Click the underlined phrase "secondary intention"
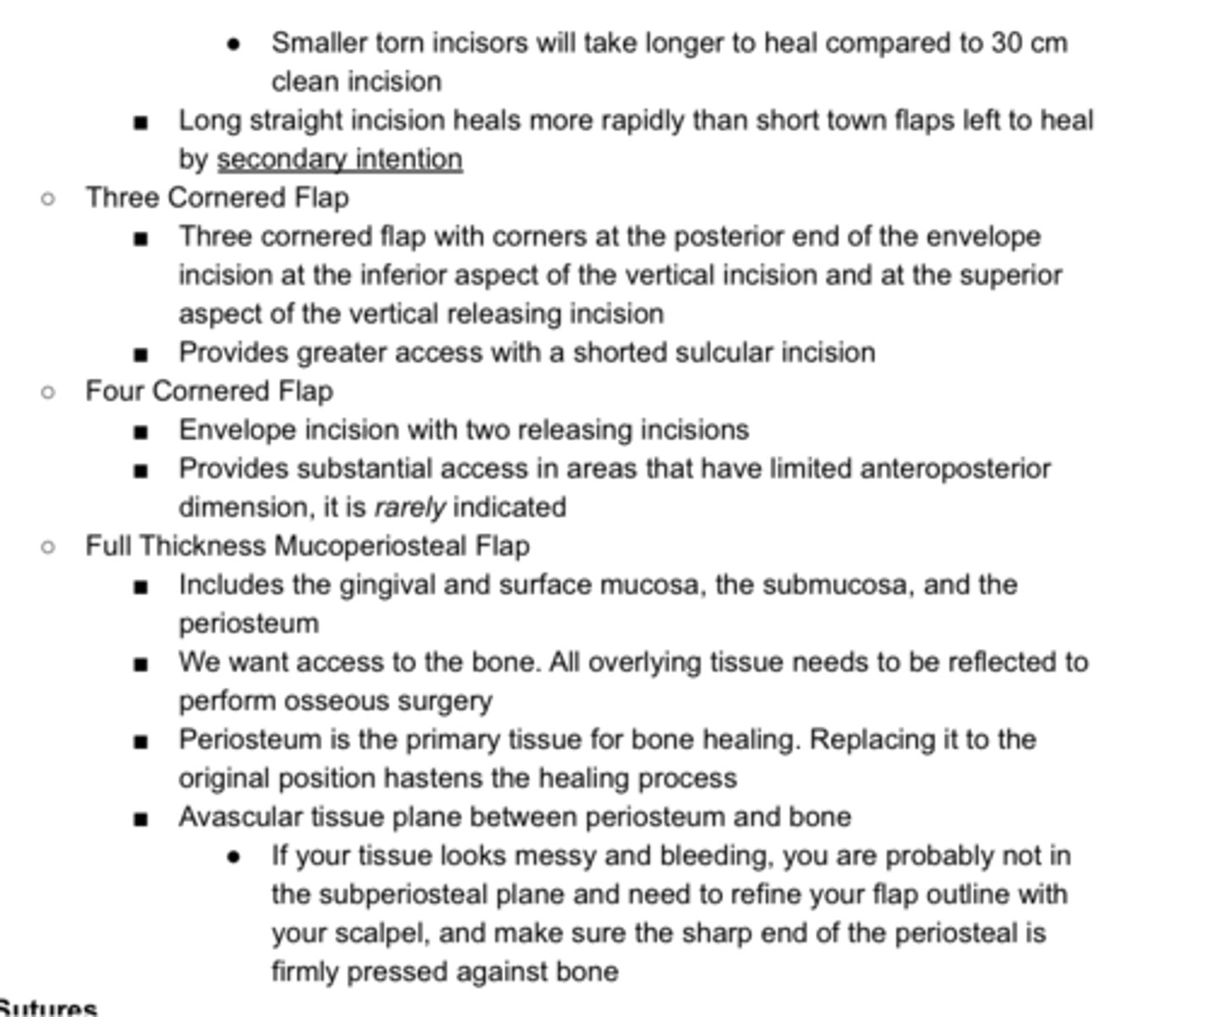339,159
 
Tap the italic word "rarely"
409,508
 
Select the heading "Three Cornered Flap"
217,198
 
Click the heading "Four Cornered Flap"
209,392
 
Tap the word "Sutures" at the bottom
48,1008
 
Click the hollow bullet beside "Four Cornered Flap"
48,392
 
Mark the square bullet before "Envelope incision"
141,432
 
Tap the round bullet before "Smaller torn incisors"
234,44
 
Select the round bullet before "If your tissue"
234,858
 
